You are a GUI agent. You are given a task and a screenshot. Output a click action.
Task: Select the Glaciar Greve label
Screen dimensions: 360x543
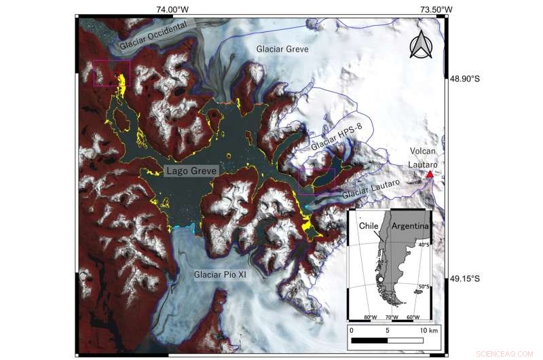point(282,50)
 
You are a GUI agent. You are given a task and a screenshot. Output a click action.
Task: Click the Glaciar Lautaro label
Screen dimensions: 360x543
point(371,187)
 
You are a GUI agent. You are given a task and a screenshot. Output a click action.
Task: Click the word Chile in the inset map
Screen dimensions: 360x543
point(369,225)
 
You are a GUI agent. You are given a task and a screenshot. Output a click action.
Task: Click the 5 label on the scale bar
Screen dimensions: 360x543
point(388,330)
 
